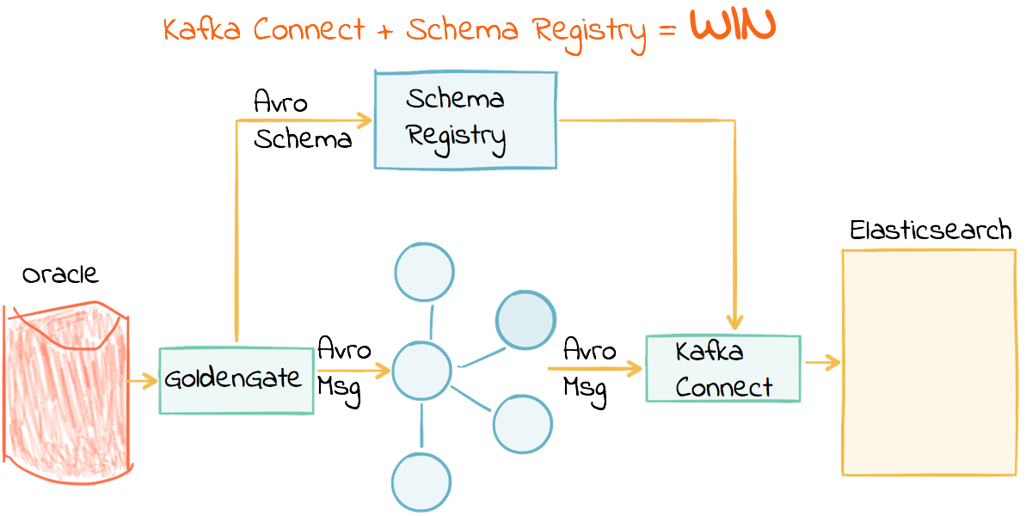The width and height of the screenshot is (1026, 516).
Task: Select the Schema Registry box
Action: (x=465, y=120)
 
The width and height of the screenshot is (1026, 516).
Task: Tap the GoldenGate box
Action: (x=236, y=379)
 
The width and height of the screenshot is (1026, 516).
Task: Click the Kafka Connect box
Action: (x=722, y=369)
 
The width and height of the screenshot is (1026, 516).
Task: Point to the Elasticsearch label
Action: (x=930, y=230)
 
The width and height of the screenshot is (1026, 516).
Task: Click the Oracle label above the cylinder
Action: (x=60, y=275)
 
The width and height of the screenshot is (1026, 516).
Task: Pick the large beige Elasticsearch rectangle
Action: (x=927, y=361)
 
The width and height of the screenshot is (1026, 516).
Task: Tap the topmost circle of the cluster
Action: (x=424, y=272)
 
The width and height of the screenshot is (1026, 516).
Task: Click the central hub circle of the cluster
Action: (x=421, y=372)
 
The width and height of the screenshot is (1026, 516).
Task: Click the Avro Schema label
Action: (x=302, y=121)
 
